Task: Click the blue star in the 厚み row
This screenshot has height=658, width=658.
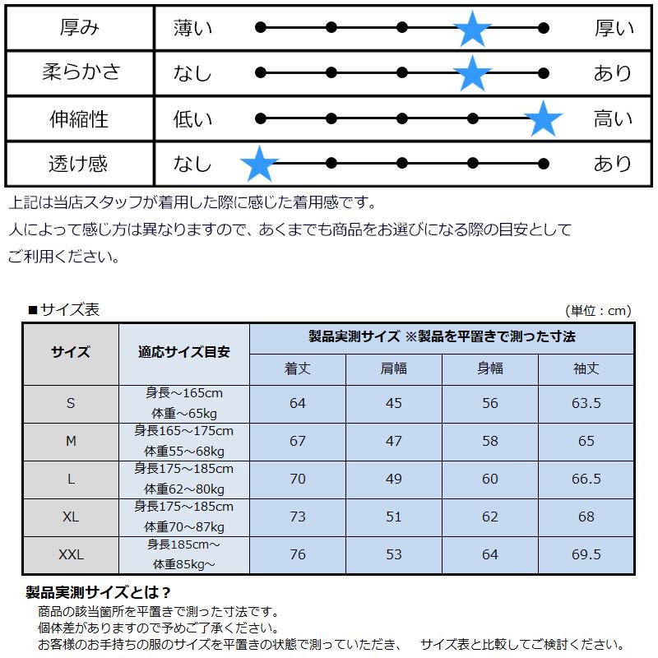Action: point(472,28)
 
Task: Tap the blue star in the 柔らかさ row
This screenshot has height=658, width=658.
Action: point(472,73)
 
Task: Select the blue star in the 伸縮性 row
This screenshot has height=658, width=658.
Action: point(544,118)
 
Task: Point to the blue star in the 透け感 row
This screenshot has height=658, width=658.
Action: point(260,164)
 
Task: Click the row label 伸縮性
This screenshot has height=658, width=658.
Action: point(79,118)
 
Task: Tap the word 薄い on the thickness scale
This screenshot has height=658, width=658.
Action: point(192,29)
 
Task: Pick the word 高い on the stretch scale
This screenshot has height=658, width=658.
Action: point(613,118)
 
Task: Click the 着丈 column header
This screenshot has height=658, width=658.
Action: point(298,368)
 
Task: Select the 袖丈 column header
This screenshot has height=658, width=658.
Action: point(586,368)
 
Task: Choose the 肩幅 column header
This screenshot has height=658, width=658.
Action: point(394,368)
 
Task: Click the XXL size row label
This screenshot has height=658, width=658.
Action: point(71,554)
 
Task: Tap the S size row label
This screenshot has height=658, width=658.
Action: point(71,403)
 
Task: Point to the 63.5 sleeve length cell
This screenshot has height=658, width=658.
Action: point(586,403)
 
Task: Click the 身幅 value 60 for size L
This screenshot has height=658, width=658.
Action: point(489,479)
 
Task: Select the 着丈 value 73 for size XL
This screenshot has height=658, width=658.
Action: point(298,517)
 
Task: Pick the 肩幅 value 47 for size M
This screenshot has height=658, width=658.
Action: point(394,441)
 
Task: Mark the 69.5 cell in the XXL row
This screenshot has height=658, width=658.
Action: point(586,554)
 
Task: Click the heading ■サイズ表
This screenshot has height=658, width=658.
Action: point(64,310)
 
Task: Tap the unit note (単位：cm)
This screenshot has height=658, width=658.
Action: point(599,311)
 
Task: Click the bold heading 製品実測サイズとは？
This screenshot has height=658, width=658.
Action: point(99,592)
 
